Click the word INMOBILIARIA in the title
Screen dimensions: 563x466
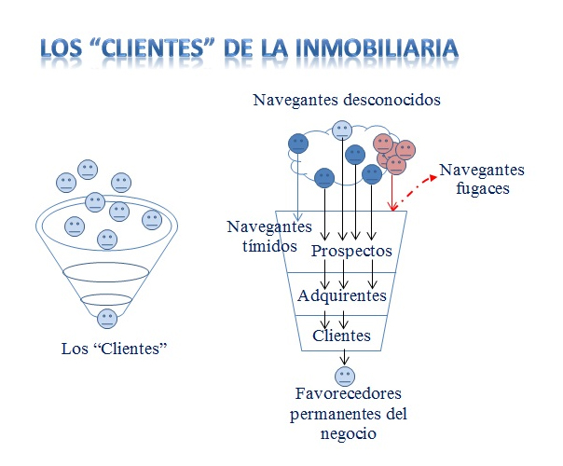click(x=378, y=48)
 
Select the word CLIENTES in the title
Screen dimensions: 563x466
click(x=152, y=48)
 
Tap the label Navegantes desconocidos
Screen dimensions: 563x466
click(x=347, y=100)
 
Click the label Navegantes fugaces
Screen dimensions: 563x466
click(x=482, y=179)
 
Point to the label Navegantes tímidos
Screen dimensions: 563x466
click(x=269, y=236)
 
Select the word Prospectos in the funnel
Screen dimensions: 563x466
click(x=351, y=251)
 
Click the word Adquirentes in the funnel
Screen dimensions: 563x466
click(x=342, y=295)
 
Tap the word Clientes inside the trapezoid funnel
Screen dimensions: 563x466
click(x=341, y=336)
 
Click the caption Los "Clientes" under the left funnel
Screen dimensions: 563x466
click(x=114, y=349)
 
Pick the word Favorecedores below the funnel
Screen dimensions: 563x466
click(x=349, y=393)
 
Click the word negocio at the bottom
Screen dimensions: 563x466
click(x=349, y=433)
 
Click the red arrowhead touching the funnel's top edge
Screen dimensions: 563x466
click(x=392, y=206)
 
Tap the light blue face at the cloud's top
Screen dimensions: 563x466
click(x=342, y=130)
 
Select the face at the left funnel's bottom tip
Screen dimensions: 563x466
click(x=107, y=319)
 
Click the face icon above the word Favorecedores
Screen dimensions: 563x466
click(x=345, y=377)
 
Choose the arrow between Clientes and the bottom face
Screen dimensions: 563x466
click(x=344, y=358)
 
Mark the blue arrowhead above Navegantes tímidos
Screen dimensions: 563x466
click(x=298, y=216)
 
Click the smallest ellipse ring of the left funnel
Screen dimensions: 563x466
click(x=106, y=299)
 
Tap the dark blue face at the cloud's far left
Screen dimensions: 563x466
click(x=298, y=144)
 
